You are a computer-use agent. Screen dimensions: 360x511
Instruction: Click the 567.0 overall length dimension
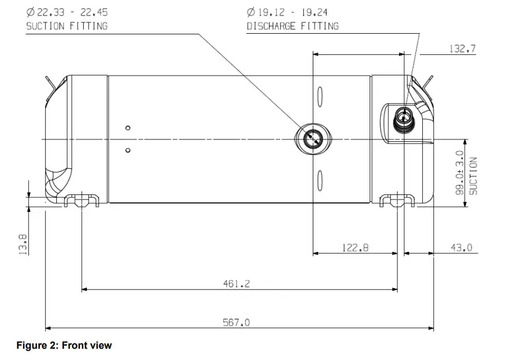click(236, 322)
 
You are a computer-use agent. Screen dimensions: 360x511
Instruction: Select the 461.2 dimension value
click(236, 284)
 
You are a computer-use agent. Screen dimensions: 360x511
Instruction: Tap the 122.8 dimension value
click(355, 248)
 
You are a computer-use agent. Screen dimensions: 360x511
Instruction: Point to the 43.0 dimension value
click(461, 248)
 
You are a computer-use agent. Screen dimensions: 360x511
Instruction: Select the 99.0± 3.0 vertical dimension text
click(460, 173)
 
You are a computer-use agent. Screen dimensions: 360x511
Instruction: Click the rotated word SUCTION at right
click(473, 175)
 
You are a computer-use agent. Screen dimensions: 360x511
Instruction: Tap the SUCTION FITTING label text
click(66, 26)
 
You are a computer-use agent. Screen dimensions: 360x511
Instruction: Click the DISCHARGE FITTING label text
click(293, 26)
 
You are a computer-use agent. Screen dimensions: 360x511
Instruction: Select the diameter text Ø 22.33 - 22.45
click(63, 11)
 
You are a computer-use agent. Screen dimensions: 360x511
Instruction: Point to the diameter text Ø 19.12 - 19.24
click(287, 11)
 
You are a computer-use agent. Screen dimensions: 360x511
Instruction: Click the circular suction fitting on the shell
click(313, 138)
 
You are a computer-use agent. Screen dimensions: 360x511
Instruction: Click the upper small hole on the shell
click(128, 128)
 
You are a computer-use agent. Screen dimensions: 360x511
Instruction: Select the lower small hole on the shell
click(128, 150)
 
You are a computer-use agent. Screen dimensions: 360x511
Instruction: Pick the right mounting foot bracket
click(398, 200)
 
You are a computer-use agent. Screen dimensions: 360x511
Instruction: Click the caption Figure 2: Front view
click(64, 345)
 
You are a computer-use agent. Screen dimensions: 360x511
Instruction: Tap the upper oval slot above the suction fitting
click(320, 97)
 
